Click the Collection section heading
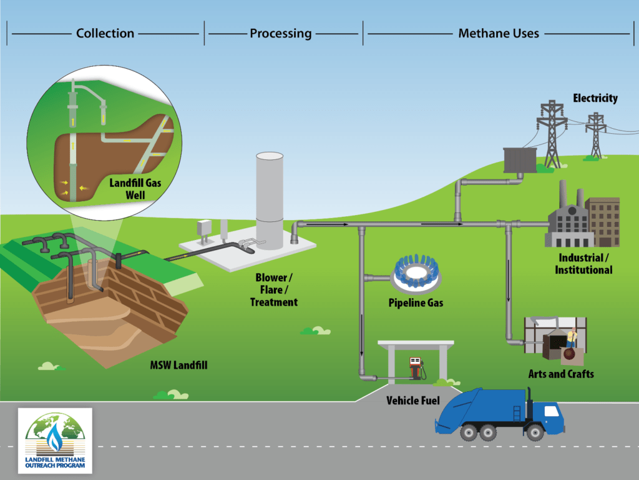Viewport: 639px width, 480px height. tap(105, 33)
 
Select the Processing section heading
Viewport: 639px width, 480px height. tap(280, 33)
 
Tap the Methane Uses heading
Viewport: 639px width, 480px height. tap(498, 33)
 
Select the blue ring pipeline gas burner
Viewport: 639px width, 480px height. tap(414, 275)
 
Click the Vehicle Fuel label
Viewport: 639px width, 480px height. tap(413, 400)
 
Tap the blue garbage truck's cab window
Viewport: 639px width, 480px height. tap(550, 411)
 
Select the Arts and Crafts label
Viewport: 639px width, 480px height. tap(560, 374)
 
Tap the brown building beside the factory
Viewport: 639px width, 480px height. tap(603, 222)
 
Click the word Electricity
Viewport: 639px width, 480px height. tap(595, 98)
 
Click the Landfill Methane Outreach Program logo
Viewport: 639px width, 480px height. tap(55, 440)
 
